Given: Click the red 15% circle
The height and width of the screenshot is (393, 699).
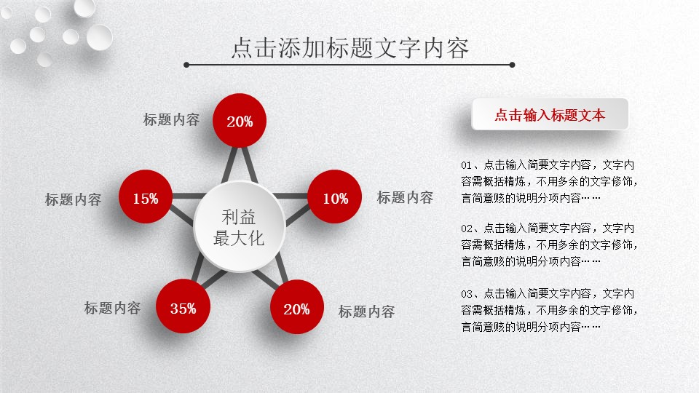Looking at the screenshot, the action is click(146, 196).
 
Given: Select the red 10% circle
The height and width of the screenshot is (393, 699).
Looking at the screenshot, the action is click(334, 196).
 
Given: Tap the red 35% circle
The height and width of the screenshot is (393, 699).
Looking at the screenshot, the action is click(183, 306).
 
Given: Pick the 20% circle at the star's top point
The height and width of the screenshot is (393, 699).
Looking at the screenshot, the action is click(240, 120).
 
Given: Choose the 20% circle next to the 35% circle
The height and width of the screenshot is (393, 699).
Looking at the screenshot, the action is click(297, 306).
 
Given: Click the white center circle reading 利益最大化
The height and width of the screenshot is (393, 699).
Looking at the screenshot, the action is click(240, 226).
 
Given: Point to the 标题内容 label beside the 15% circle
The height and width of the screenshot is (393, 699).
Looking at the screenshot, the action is click(73, 199).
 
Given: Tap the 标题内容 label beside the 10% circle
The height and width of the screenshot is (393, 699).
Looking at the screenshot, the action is click(406, 197).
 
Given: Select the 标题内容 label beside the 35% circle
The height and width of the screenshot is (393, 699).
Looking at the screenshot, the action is click(112, 308).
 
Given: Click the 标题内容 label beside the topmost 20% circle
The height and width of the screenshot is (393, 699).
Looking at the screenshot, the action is click(171, 119).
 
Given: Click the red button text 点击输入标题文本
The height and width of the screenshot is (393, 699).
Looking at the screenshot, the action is click(550, 115).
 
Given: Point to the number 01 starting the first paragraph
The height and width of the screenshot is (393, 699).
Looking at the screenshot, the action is click(466, 165).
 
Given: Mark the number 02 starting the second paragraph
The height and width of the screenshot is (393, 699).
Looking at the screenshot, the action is click(466, 229).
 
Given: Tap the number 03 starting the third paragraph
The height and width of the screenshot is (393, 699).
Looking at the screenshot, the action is click(466, 294).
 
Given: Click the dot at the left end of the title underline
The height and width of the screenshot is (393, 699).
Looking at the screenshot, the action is click(186, 65).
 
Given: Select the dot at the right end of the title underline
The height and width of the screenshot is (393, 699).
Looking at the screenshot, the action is click(512, 65).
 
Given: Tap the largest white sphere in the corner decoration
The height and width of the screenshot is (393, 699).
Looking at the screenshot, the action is click(99, 37).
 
